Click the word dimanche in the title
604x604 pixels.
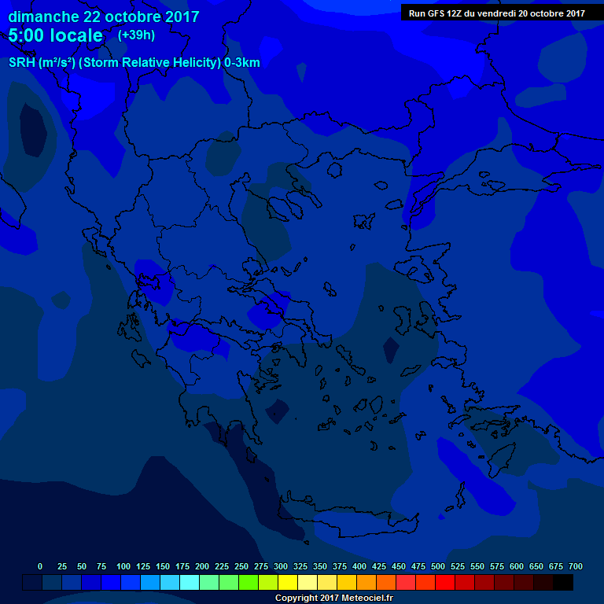(42, 17)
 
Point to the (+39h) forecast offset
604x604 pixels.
(136, 35)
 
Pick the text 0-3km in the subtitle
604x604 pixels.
(242, 62)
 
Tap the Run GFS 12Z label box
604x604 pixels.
(497, 13)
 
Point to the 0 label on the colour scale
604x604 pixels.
(40, 566)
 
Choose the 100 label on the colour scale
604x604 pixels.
(123, 566)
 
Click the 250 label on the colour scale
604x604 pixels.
(241, 566)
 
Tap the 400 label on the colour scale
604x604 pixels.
(359, 566)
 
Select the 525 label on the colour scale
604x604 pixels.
(458, 566)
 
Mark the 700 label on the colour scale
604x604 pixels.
(576, 566)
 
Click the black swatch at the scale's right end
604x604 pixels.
(563, 582)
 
